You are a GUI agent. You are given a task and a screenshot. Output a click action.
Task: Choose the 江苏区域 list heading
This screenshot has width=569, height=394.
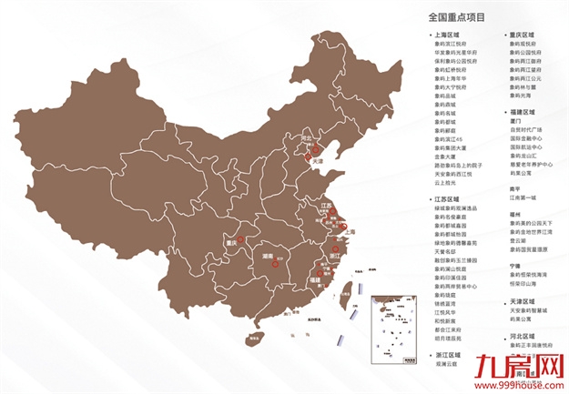[447, 197]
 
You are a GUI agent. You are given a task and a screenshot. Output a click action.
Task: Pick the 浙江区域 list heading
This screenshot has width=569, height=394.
[447, 353]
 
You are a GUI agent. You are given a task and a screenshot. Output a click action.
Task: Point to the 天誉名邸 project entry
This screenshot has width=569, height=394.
[446, 249]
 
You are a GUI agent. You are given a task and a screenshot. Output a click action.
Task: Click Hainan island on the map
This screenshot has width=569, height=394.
[251, 338]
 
